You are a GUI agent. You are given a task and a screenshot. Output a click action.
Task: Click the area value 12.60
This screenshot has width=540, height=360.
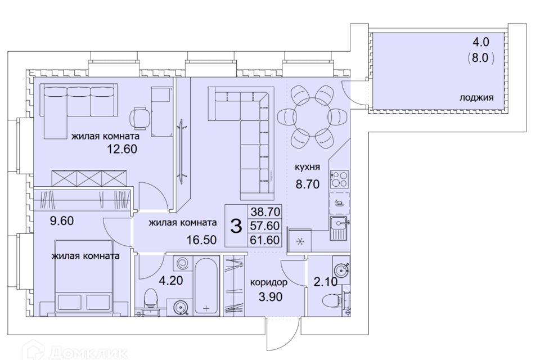122,149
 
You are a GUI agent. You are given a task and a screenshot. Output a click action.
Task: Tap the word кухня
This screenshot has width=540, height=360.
307,167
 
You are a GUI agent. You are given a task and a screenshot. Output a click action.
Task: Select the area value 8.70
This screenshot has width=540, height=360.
308,184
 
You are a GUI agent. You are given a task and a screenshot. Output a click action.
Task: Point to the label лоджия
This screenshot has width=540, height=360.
476,98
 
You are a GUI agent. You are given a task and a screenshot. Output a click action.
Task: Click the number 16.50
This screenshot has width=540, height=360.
201,239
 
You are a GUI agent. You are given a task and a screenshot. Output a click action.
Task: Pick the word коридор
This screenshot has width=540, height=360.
269,283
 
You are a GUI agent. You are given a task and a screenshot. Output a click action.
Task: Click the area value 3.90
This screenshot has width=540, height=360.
271,296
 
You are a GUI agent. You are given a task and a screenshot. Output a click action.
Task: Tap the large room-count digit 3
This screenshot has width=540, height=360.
236,226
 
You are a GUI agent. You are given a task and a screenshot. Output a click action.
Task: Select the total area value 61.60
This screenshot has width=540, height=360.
265,240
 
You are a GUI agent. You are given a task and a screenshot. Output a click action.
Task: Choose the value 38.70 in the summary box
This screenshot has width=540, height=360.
265,211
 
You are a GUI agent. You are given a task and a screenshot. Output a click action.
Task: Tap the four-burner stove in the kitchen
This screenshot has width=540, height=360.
339,179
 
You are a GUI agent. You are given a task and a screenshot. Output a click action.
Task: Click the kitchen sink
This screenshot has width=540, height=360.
340,228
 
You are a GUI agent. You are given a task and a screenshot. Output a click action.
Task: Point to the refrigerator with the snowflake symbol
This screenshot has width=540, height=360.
300,241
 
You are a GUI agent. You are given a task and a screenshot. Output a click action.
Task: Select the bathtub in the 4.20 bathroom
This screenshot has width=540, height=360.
206,286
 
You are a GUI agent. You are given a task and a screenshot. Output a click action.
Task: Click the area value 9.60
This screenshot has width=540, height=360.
62,220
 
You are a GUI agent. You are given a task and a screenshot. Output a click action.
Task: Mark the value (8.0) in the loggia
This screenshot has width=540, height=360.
481,58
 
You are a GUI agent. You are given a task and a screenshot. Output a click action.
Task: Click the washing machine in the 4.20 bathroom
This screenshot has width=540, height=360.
182,264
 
